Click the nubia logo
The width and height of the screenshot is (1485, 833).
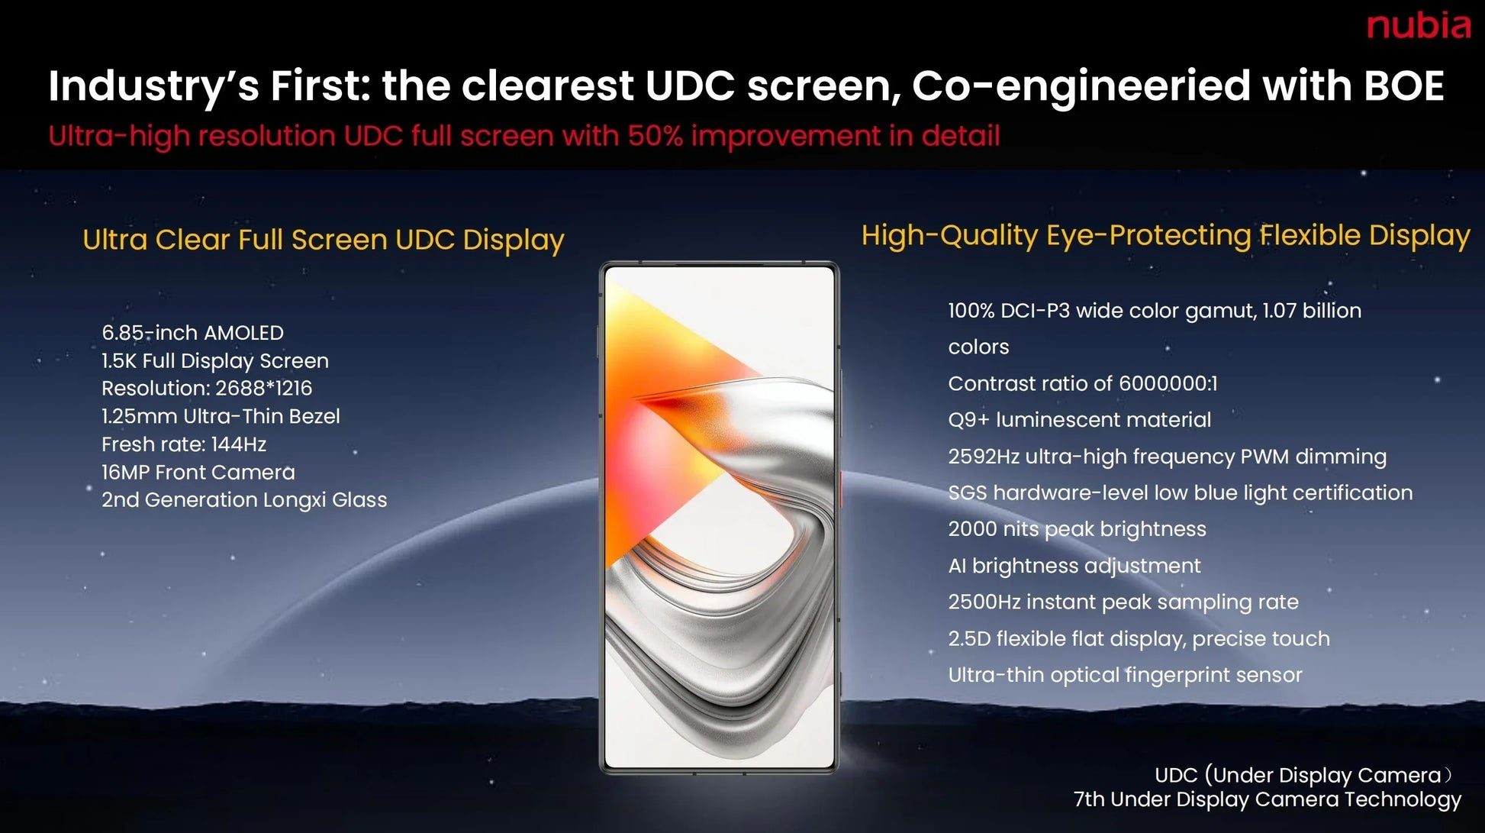pos(1418,26)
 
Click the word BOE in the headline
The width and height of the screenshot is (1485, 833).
pos(1403,86)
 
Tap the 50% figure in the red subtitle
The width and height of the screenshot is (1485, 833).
pos(655,136)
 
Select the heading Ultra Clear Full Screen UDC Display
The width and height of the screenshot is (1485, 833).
pos(323,240)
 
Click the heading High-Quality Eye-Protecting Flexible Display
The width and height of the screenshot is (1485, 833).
pos(1165,235)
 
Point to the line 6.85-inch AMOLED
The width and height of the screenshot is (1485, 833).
pos(192,333)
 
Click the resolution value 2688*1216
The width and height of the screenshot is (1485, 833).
pos(263,389)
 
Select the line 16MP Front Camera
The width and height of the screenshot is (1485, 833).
pos(198,473)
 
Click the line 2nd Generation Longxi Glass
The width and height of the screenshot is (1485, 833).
pos(244,500)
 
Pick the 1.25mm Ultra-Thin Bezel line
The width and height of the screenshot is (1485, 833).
pos(221,417)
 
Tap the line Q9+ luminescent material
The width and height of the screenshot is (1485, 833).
pos(1079,420)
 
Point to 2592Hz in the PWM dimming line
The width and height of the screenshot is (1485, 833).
pos(983,457)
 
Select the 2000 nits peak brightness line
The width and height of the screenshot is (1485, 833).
pos(1077,529)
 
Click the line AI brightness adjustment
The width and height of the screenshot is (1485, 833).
pos(1074,566)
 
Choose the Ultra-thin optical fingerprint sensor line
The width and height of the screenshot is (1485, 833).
pos(1125,675)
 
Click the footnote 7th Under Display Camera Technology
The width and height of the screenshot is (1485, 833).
pos(1267,799)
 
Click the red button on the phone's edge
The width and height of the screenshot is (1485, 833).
pos(840,489)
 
